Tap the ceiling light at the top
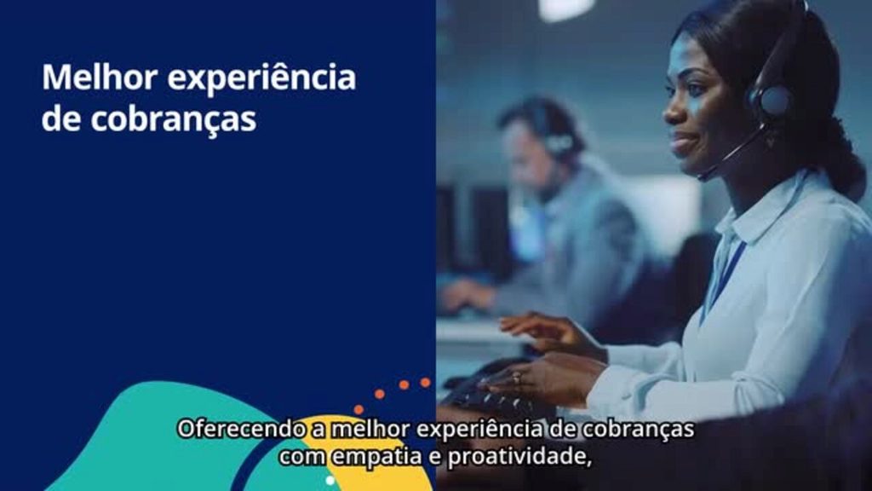pyautogui.click(x=566, y=9)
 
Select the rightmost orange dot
pyautogui.click(x=425, y=383)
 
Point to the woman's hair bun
pyautogui.click(x=843, y=166)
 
